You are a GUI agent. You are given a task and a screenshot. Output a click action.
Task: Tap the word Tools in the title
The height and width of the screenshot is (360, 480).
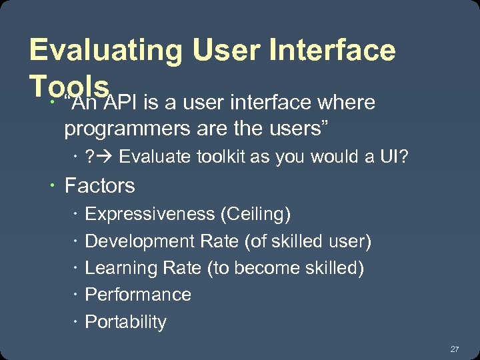pos(69,86)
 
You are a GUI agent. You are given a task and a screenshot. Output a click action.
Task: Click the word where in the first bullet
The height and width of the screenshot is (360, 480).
pos(347,103)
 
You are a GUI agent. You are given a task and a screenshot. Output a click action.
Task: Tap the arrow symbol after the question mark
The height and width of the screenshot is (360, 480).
pos(105,158)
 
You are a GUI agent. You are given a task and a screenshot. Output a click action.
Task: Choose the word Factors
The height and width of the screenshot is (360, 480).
pos(99,185)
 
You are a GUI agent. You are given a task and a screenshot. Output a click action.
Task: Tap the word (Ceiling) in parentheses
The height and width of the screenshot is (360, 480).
pos(257,214)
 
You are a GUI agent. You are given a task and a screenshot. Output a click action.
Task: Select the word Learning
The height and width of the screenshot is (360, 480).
pos(119,268)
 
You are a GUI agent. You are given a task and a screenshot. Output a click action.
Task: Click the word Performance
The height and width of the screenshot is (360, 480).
pos(138,295)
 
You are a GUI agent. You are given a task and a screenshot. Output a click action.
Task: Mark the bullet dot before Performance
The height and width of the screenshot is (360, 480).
pos(77,295)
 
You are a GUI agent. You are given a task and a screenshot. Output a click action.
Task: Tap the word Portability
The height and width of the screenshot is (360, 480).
pos(126,321)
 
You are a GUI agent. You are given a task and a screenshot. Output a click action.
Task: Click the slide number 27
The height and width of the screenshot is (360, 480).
pos(455,349)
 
